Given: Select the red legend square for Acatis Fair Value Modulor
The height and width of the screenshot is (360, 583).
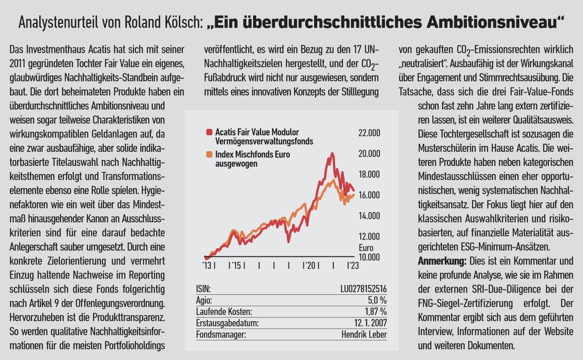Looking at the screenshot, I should tap(209, 132).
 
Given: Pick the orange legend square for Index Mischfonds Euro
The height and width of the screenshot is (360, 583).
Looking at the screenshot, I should tap(209, 154).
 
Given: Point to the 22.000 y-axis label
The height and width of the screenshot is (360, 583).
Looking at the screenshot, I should tap(369, 133).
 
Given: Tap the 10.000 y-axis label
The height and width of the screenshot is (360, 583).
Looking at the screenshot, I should tap(369, 257).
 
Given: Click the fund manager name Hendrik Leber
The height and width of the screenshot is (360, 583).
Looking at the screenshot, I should tap(364, 334).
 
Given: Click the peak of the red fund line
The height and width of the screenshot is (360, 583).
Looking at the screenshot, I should tap(332, 153).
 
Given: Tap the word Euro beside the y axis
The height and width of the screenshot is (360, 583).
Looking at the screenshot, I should tap(366, 248).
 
